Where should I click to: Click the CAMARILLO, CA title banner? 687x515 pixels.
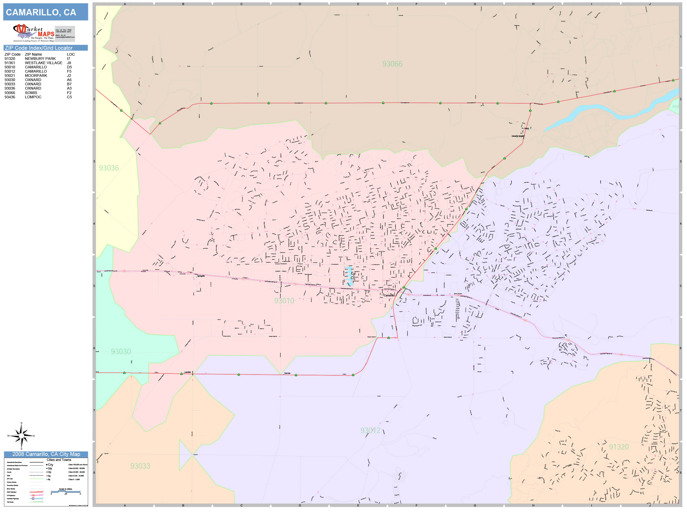click(x=45, y=12)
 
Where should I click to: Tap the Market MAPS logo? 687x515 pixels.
click(x=34, y=33)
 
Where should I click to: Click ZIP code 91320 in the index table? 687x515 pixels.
click(x=10, y=59)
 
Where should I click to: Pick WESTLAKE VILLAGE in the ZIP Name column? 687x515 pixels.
click(x=43, y=63)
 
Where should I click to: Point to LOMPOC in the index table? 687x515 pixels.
click(x=33, y=97)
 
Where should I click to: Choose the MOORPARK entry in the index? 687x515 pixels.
click(x=36, y=76)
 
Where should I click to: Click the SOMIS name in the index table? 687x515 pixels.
click(x=31, y=93)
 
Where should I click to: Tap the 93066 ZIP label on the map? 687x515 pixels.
click(x=392, y=64)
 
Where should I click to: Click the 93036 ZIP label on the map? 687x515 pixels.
click(x=109, y=168)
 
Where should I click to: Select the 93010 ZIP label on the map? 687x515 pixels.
click(x=284, y=301)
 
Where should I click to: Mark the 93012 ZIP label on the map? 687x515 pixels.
click(x=370, y=430)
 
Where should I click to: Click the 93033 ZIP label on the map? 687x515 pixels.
click(x=140, y=466)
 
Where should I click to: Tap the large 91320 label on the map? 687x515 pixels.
click(x=619, y=447)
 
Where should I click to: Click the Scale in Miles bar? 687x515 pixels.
click(x=65, y=491)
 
